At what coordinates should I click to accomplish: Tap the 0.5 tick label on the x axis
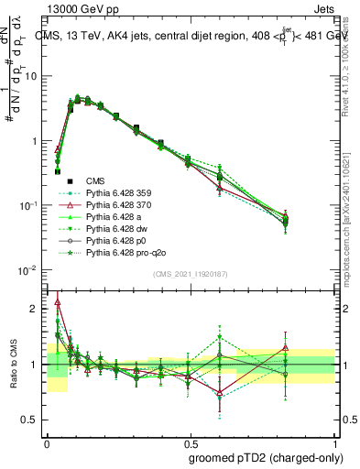click(x=190, y=441)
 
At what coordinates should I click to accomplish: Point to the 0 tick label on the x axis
click(x=46, y=441)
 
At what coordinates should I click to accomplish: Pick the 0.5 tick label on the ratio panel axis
click(x=31, y=420)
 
